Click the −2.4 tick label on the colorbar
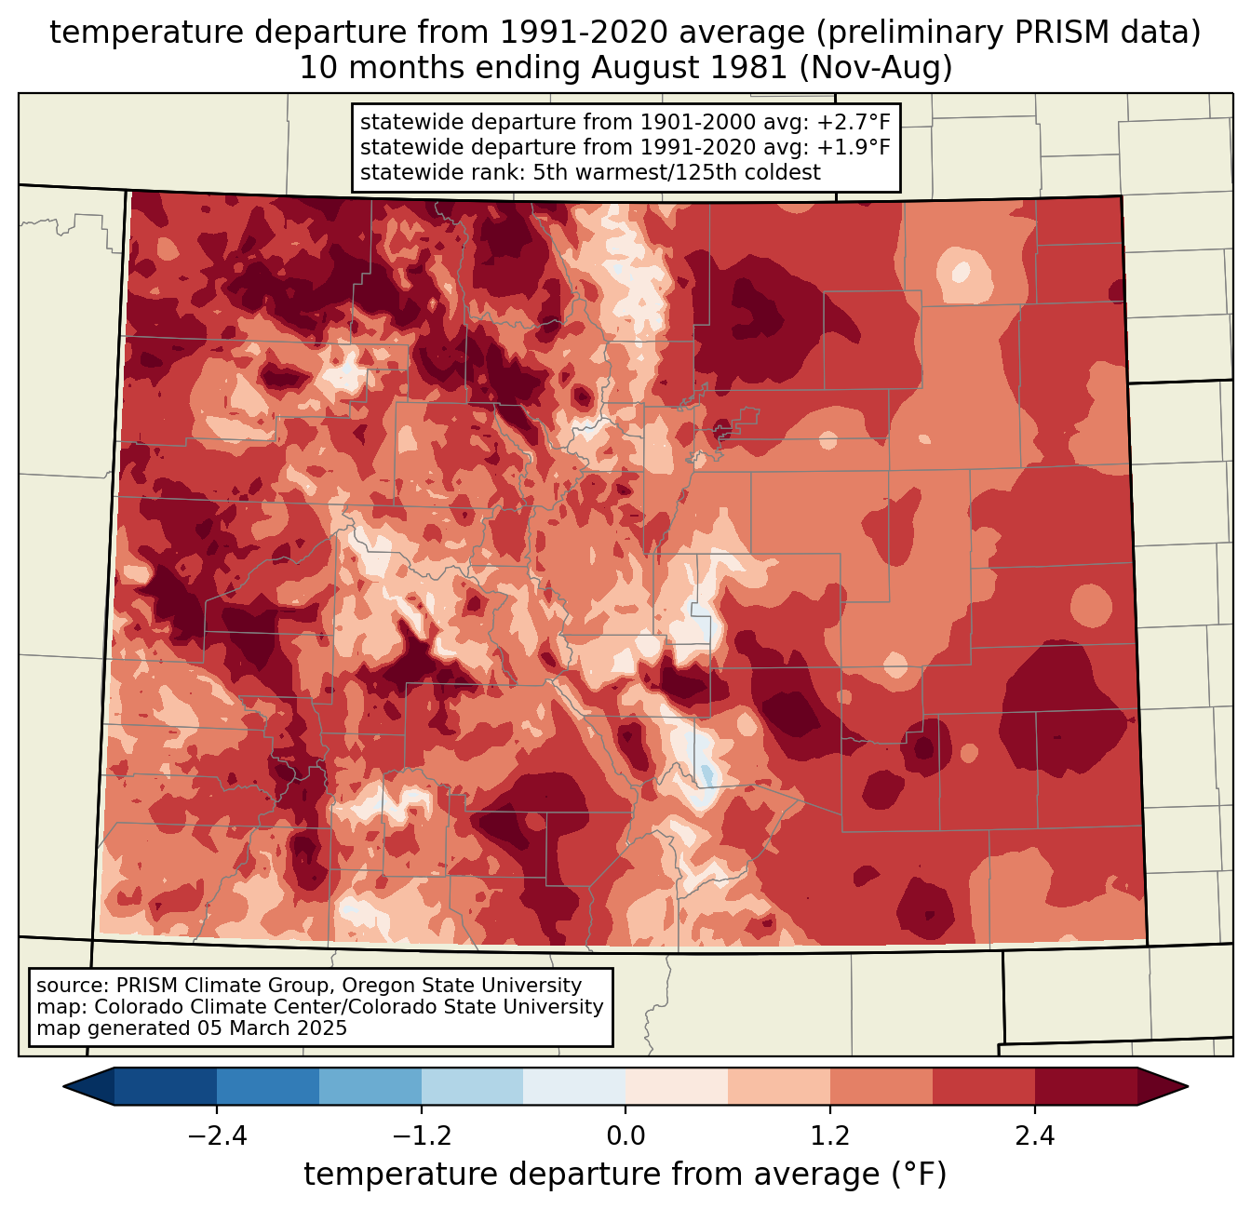[216, 1136]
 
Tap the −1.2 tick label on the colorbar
[421, 1136]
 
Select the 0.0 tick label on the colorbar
[625, 1136]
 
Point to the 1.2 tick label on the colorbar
[830, 1136]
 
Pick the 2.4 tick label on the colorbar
[1035, 1136]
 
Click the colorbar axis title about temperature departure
[625, 1175]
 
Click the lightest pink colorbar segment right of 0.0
[677, 1086]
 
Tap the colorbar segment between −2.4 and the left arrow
[166, 1086]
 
